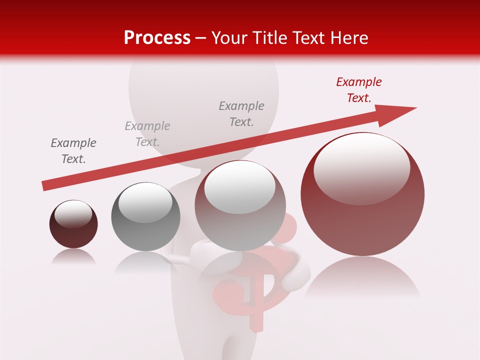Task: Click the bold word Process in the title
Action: pos(157,38)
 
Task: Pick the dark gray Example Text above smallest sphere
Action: pos(73,151)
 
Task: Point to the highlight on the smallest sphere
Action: pos(73,214)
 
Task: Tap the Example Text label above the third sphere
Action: pos(241,114)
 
